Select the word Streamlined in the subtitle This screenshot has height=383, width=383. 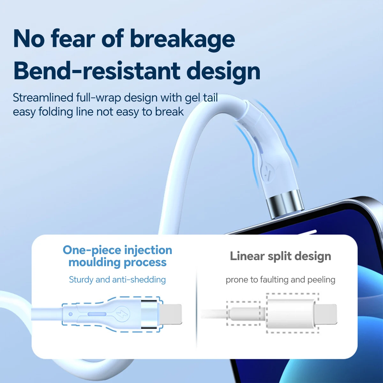(x=43, y=98)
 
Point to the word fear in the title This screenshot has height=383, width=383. (x=72, y=39)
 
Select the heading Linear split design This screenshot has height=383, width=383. (x=281, y=256)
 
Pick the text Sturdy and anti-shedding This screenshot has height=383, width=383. (x=117, y=280)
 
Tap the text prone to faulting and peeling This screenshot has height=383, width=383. (x=281, y=280)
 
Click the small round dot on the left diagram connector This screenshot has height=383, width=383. (x=70, y=314)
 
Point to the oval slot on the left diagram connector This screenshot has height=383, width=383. (x=97, y=314)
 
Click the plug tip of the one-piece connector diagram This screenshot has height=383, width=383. (x=171, y=314)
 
